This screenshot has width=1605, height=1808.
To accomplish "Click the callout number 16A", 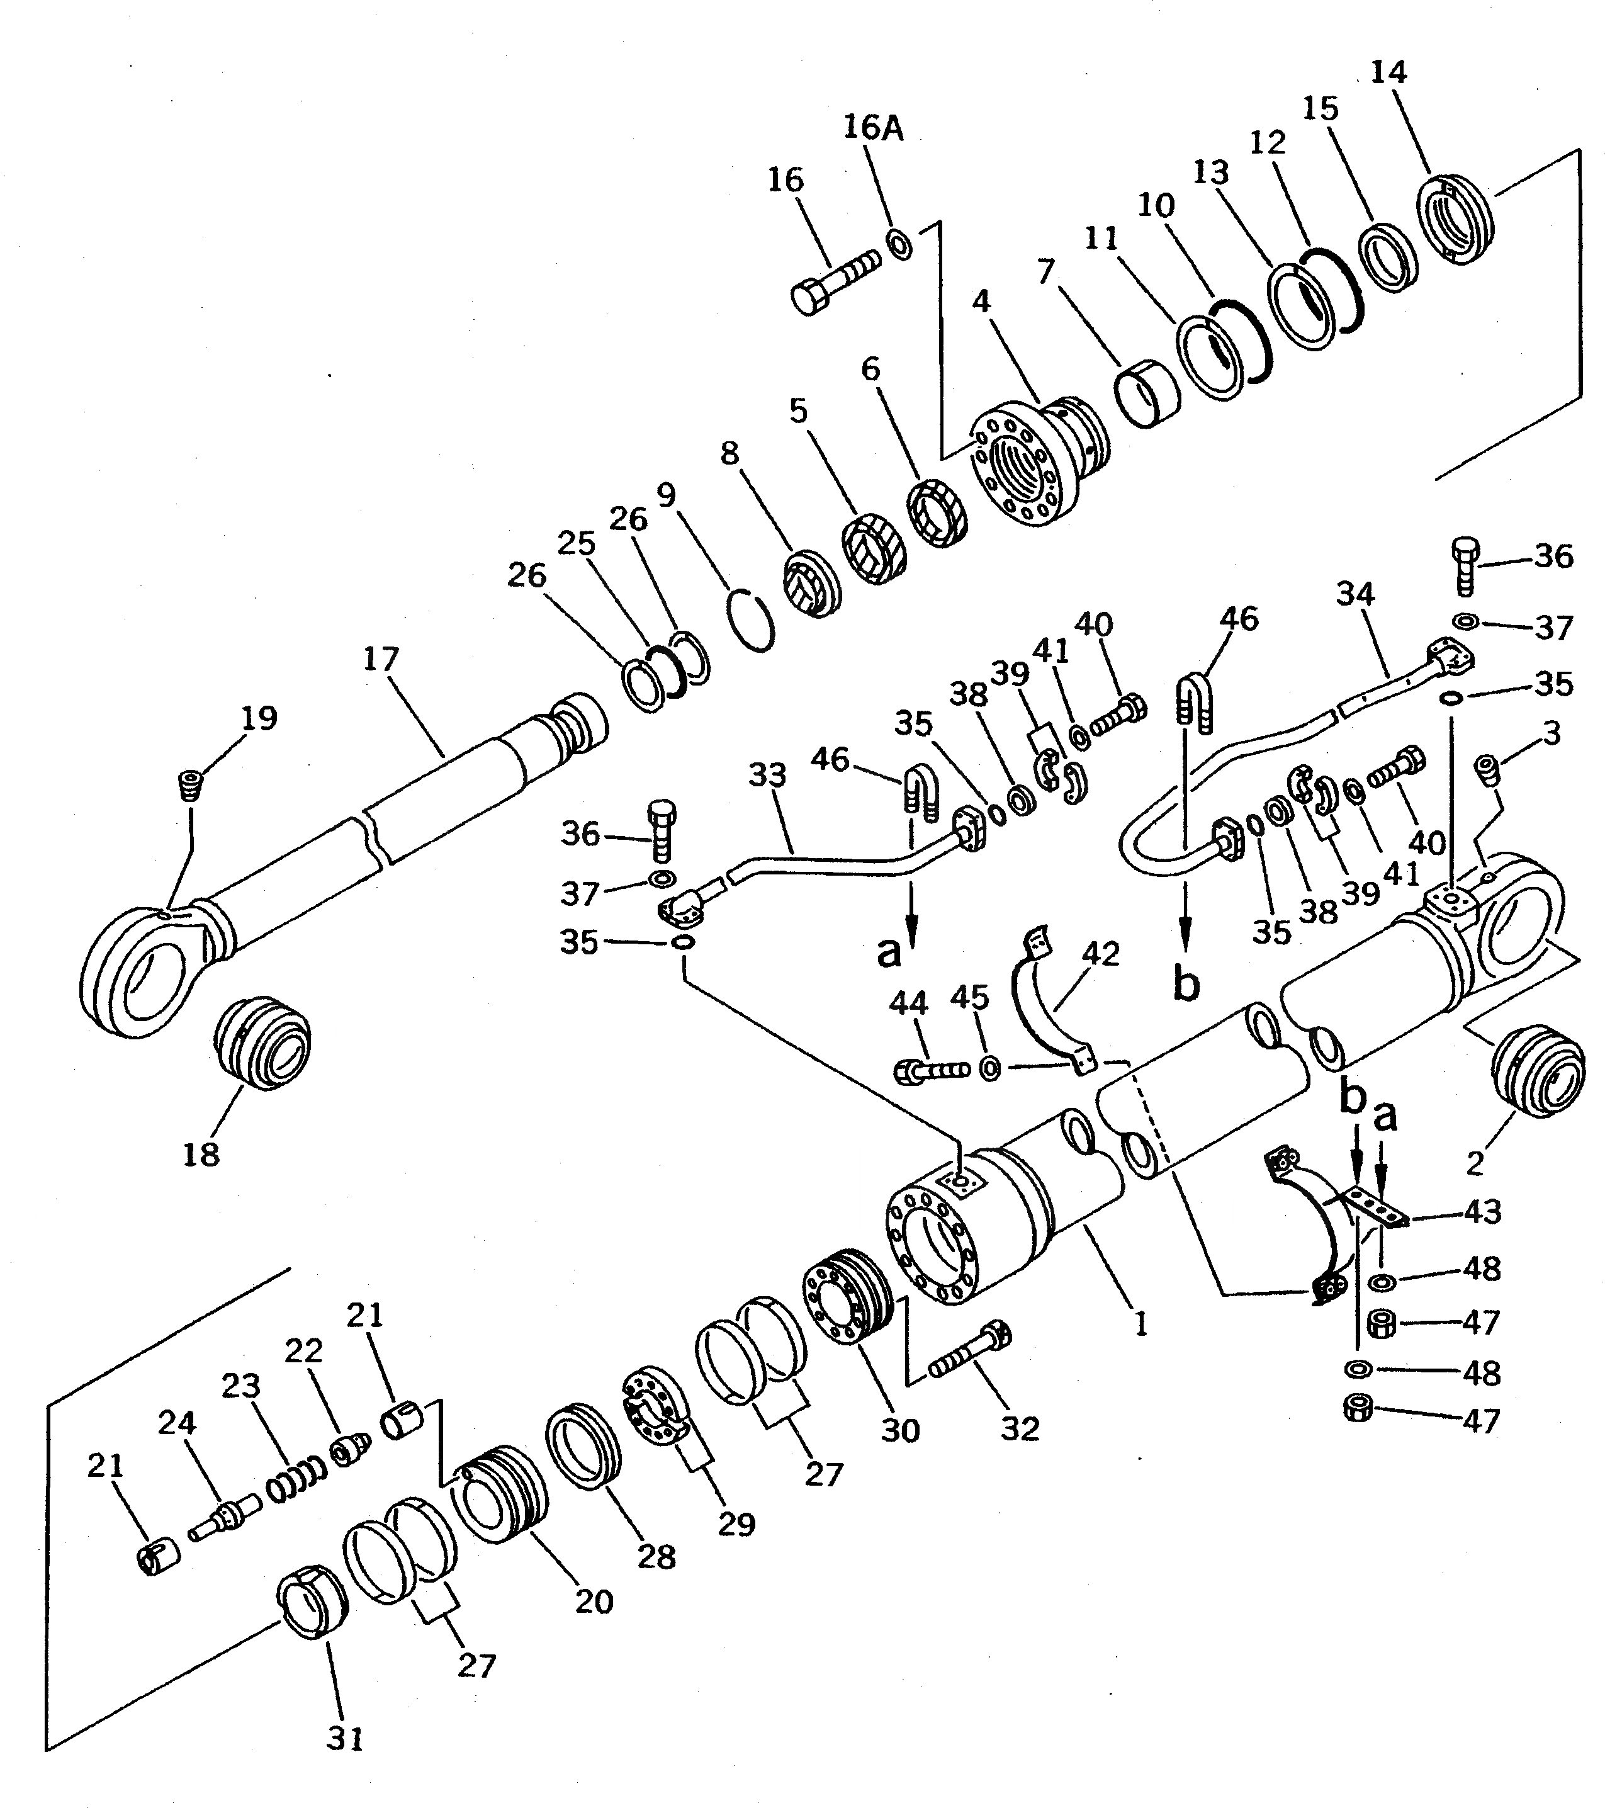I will pos(873,128).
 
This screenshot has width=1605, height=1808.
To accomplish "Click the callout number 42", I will pos(1100,954).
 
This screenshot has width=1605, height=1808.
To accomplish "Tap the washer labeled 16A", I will pos(899,244).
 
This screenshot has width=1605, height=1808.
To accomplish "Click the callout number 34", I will pos(1354,594).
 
